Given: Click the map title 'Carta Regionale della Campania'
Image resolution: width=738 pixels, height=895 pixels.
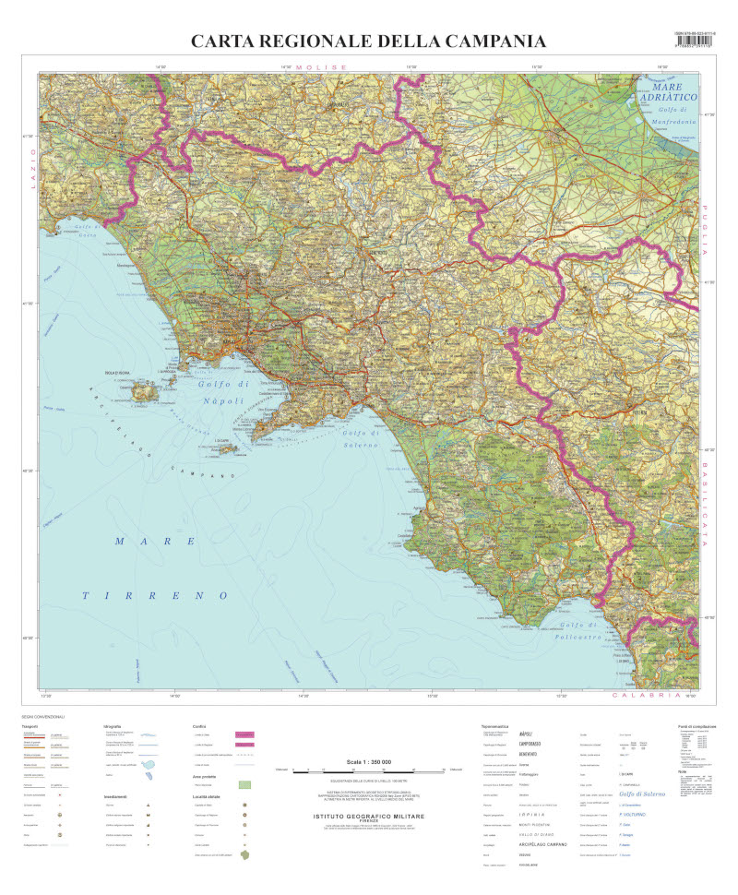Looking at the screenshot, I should click(x=368, y=42).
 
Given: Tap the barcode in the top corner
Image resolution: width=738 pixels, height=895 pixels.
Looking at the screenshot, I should click(x=696, y=45).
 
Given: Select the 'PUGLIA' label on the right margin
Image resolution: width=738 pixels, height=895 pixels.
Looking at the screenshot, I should click(x=706, y=231).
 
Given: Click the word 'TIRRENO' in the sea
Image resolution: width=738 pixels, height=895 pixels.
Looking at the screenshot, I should click(x=152, y=596).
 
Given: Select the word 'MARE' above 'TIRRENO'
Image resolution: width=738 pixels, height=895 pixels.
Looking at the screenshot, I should click(x=152, y=540).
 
